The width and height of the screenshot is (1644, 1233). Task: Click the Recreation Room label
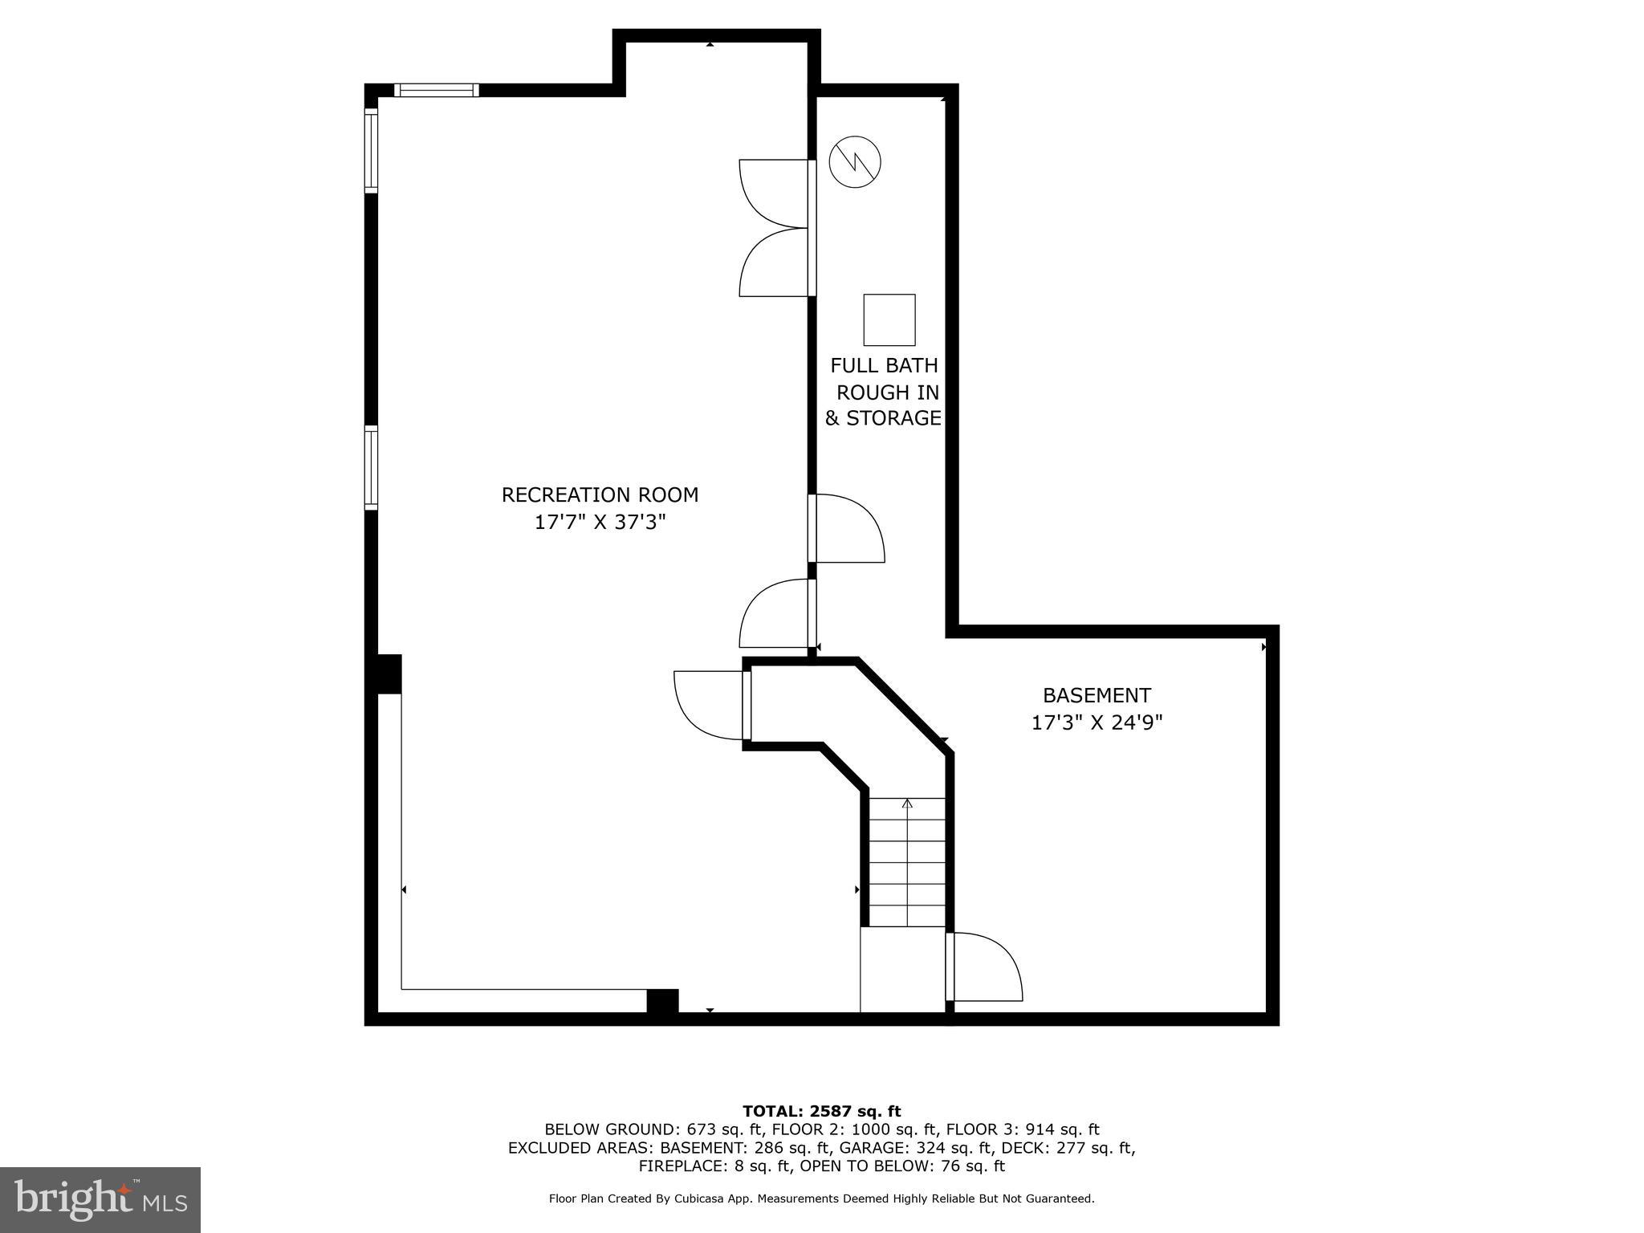pos(600,494)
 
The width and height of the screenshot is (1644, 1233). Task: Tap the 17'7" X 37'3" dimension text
pos(600,523)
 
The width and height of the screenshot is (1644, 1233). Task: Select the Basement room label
pos(1097,695)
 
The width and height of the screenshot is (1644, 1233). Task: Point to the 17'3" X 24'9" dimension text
pos(1097,722)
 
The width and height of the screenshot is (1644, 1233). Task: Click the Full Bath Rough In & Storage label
pos(884,392)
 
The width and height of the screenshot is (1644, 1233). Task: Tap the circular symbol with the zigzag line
pos(855,162)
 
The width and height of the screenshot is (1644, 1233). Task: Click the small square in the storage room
pos(889,319)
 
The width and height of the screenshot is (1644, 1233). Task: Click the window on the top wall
pos(437,90)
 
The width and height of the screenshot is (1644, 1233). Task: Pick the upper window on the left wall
pos(371,150)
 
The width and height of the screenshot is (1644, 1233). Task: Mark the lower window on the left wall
pos(371,468)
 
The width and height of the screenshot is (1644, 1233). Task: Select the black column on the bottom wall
pos(662,1002)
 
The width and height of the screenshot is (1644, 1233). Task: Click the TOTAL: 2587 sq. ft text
pos(821,1111)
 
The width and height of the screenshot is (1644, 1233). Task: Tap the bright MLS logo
pos(100,1199)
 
